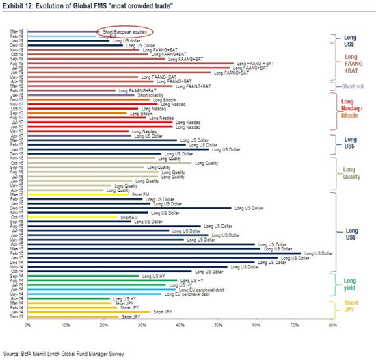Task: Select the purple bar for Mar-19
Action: point(62,31)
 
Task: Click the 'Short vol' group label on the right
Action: point(351,86)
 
